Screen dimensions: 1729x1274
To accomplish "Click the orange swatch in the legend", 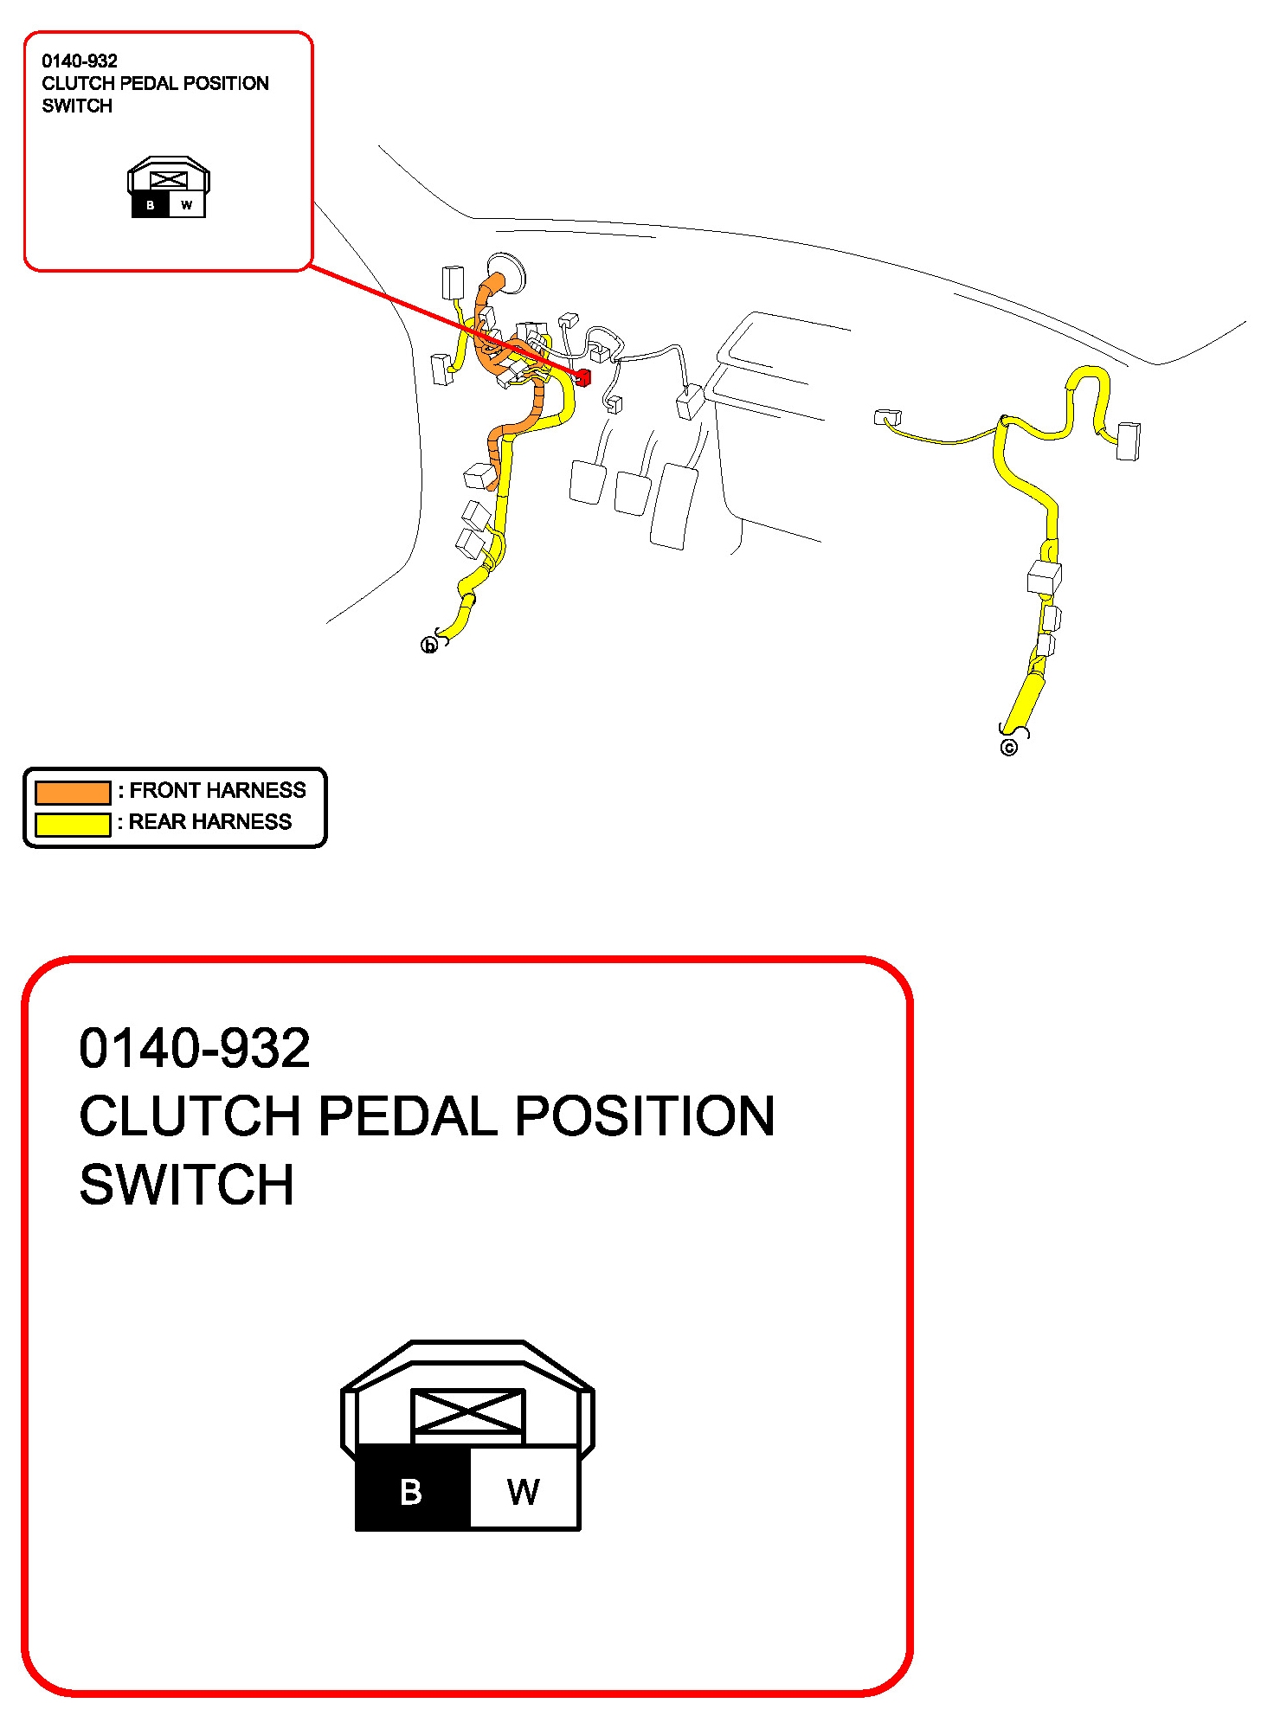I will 73,792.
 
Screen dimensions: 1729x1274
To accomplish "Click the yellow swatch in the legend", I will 73,824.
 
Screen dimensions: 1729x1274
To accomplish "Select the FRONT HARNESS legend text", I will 217,790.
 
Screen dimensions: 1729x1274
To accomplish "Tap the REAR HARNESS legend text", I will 210,821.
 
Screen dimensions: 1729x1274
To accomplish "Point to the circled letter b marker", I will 428,646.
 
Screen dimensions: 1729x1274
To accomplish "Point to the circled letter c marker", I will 1008,748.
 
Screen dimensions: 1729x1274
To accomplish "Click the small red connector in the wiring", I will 582,377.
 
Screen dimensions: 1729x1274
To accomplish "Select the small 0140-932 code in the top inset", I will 80,61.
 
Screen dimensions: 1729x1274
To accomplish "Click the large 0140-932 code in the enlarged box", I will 195,1048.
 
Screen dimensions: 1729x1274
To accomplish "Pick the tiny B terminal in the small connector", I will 151,205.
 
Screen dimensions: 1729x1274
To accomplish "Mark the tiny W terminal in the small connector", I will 187,205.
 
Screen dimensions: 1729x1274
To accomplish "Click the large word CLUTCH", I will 190,1116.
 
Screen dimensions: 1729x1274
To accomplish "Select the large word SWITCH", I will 187,1185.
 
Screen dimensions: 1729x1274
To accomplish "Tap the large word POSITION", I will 645,1116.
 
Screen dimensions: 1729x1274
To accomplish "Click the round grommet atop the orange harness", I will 505,270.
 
